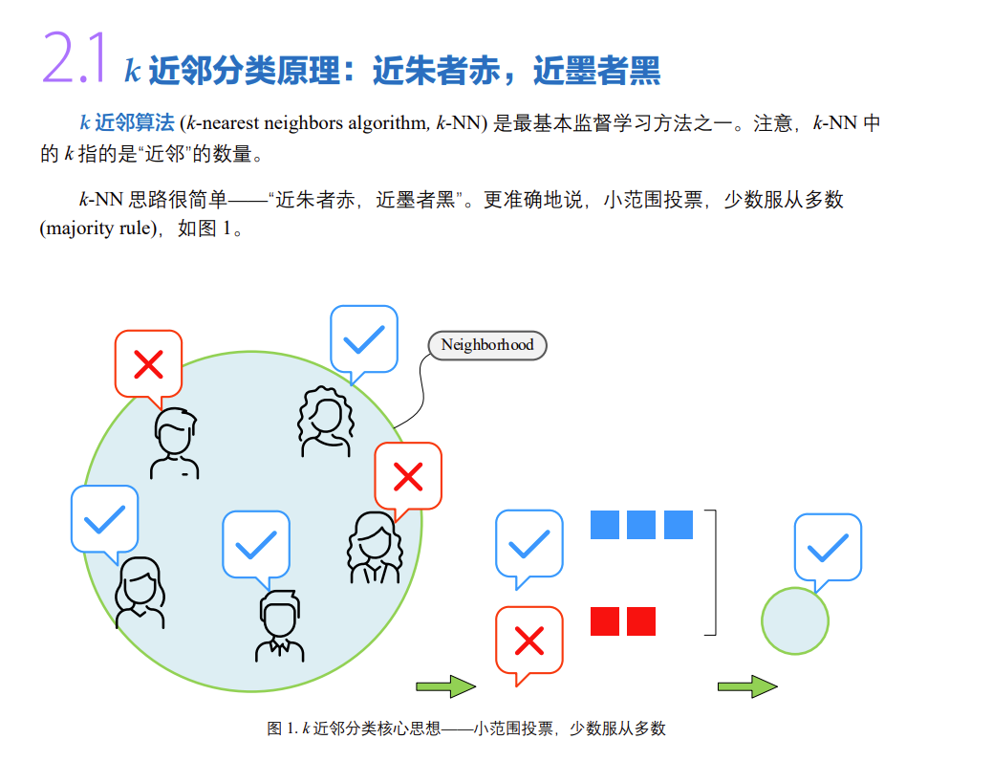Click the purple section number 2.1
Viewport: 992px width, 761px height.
(73, 59)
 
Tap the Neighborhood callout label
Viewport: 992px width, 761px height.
(486, 344)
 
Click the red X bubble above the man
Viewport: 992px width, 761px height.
(148, 362)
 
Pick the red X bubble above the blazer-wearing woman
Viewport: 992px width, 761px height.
(408, 475)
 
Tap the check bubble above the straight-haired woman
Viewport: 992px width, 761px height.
(104, 518)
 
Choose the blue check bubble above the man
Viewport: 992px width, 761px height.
(255, 543)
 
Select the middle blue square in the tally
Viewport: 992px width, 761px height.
(641, 525)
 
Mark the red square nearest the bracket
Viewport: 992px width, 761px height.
(641, 621)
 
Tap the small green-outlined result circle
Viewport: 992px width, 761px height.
(794, 621)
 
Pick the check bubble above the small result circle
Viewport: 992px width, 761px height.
(828, 546)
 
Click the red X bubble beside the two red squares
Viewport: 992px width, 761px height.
(528, 640)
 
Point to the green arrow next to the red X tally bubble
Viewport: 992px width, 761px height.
(445, 686)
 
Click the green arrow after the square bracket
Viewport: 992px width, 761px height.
(747, 686)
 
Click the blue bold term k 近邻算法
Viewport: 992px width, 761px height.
(126, 123)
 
